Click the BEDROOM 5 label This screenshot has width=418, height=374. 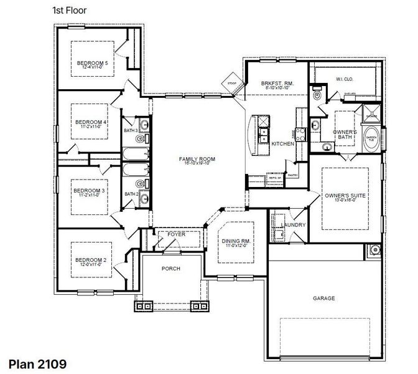click(x=92, y=63)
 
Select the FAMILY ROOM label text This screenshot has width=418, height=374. click(x=197, y=160)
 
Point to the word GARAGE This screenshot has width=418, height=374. click(x=323, y=299)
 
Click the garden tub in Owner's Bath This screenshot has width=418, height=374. click(x=371, y=140)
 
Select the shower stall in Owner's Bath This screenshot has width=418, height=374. click(x=371, y=115)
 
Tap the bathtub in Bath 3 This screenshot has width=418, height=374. click(x=134, y=153)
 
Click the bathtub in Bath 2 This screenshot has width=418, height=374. click(x=134, y=169)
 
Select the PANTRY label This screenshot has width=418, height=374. click(x=293, y=176)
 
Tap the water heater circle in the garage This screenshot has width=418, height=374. click(x=375, y=250)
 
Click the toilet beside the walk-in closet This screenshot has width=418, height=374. click(x=317, y=95)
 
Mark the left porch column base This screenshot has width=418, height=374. click(x=144, y=305)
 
